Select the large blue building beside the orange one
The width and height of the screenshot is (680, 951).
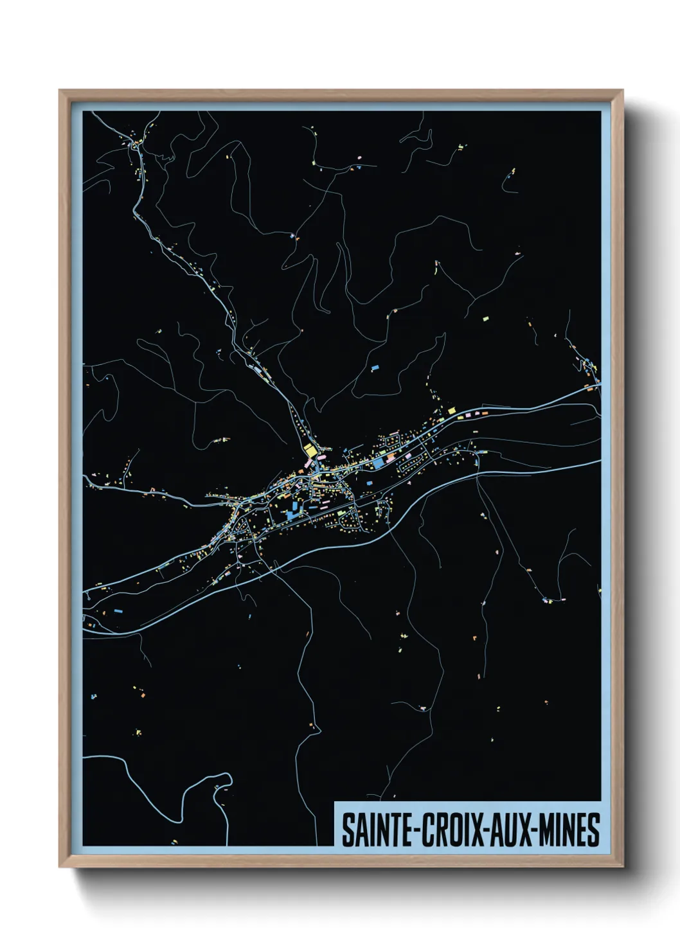(x=377, y=461)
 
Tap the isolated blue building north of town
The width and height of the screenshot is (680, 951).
(x=375, y=368)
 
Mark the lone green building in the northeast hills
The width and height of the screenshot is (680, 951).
(x=486, y=317)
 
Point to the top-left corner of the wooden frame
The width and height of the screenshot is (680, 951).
(x=60, y=91)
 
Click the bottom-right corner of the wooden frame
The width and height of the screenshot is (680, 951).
(x=622, y=866)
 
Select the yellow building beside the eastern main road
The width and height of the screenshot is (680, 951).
(x=451, y=410)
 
